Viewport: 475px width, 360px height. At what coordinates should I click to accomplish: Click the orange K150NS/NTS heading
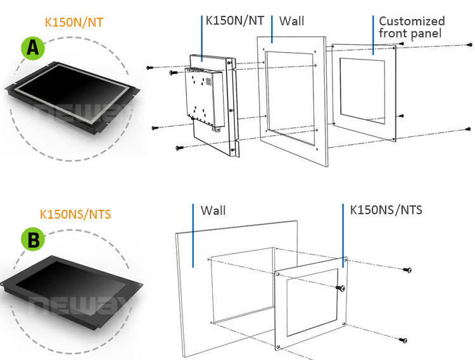75,214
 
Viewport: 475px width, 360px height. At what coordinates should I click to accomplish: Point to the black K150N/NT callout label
234,20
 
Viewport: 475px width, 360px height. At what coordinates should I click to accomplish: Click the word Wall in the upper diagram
292,21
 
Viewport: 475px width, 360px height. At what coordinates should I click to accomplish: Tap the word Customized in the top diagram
412,21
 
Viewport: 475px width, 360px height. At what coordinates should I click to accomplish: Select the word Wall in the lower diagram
213,210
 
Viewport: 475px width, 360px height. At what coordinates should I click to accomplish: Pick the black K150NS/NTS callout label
386,210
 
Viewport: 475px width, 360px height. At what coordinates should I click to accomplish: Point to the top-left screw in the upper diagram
150,68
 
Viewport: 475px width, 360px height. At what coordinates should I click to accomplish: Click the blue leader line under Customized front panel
374,38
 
